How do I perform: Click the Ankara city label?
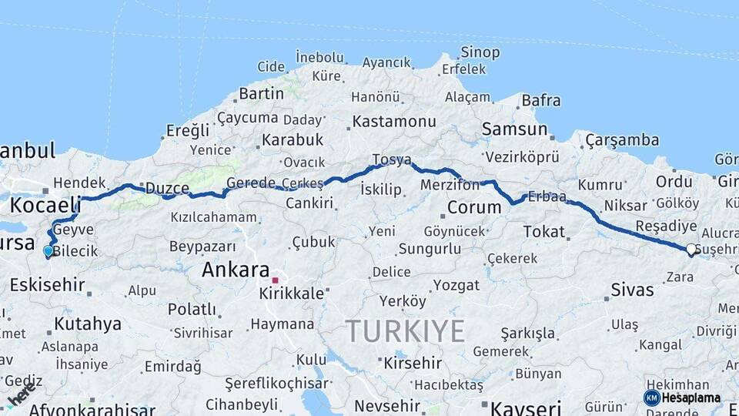point(235,270)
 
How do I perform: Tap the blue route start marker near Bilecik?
point(48,251)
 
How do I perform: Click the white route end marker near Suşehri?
point(691,249)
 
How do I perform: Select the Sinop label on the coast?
point(480,52)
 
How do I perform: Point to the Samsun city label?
point(514,129)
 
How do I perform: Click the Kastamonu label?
point(394,121)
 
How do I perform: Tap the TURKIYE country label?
point(405,330)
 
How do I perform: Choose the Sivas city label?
point(632,290)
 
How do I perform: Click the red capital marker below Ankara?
point(275,280)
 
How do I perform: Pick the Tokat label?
point(543,231)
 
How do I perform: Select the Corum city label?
point(474,207)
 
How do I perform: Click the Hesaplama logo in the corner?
point(682,398)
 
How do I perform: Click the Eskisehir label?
point(47,284)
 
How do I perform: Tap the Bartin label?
point(261,93)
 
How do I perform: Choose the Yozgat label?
point(456,285)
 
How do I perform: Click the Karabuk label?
point(292,140)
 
